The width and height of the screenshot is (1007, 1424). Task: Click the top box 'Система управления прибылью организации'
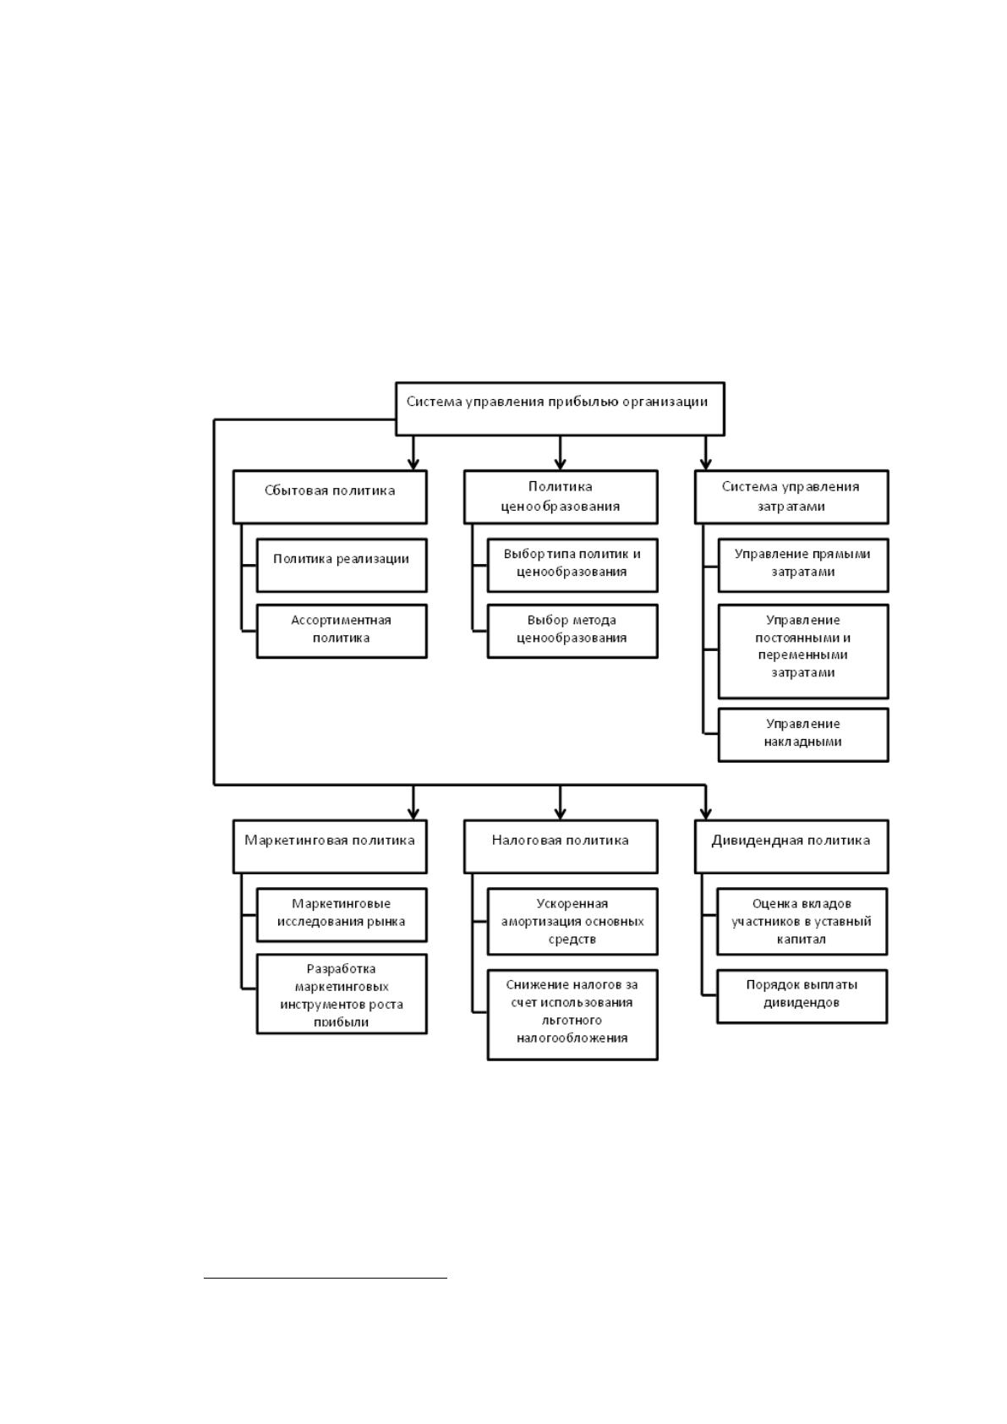pos(560,408)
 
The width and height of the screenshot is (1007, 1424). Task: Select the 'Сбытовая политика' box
pos(329,496)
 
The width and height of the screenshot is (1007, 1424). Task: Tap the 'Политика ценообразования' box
pos(560,496)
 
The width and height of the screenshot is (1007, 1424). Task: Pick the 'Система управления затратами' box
pos(791,496)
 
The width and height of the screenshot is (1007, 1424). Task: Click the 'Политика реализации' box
pos(342,565)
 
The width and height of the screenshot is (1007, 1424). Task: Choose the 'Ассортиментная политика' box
pos(342,631)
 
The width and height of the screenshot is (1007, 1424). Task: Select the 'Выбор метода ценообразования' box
pos(572,631)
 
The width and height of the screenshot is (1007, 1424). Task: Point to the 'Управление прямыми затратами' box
pos(803,565)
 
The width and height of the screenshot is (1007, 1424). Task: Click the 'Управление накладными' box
pos(803,734)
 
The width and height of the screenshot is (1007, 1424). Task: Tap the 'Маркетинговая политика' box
pos(329,846)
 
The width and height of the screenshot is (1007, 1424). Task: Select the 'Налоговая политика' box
pos(560,846)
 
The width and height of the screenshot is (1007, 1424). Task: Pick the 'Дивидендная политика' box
pos(791,846)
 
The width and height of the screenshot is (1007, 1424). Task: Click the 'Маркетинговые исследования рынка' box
pos(342,915)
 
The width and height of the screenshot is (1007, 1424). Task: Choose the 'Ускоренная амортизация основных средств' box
pos(572,921)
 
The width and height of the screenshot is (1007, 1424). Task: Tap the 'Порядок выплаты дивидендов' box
pos(802,996)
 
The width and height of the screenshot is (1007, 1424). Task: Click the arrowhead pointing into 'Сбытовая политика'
pos(413,463)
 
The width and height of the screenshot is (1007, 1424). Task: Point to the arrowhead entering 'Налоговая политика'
pos(560,813)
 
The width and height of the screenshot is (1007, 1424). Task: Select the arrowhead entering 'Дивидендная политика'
pos(706,813)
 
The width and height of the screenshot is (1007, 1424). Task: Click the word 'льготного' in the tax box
pos(572,1021)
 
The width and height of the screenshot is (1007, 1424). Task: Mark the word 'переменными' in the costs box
pos(802,654)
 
